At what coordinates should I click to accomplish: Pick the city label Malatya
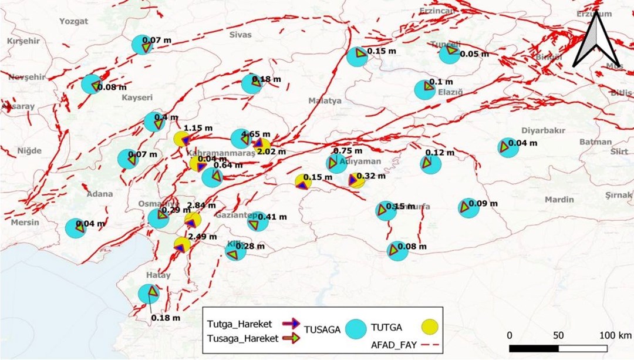click(x=325, y=101)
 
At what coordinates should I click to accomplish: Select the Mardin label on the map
click(x=559, y=200)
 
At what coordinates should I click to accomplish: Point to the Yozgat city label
click(x=73, y=21)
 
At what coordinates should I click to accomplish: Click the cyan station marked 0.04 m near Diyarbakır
click(x=508, y=147)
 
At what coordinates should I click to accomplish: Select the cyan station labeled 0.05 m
click(x=450, y=54)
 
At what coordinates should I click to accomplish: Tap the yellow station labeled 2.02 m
click(x=262, y=147)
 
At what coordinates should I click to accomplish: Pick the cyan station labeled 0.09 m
click(x=468, y=208)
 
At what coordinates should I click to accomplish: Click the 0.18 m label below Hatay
click(x=166, y=318)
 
